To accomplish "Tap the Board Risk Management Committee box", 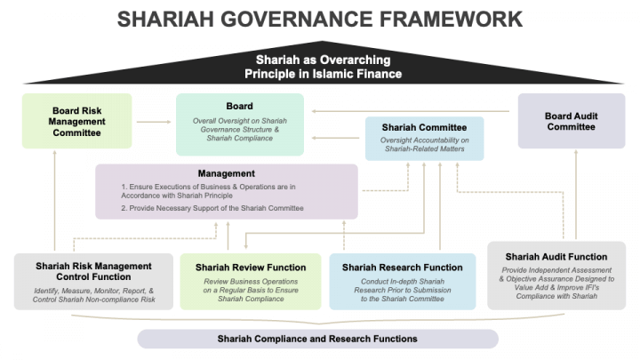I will click(76, 121).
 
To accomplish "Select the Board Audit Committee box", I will click(570, 121).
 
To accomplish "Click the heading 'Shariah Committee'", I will click(424, 127).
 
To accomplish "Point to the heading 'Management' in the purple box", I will click(226, 172).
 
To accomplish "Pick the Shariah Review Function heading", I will click(251, 267).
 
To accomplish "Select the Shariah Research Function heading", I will click(402, 267).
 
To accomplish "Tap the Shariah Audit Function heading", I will click(556, 256).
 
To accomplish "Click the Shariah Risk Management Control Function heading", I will click(93, 271).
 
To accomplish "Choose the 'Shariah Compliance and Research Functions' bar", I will click(317, 339).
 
